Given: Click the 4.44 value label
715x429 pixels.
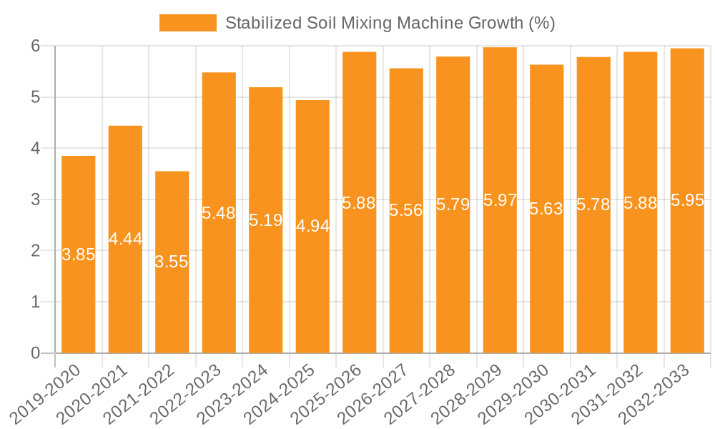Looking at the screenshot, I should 126,239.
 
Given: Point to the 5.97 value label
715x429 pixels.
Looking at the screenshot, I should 500,200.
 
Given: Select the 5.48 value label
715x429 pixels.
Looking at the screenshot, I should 219,212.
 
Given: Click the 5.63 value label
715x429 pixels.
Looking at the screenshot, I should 546,209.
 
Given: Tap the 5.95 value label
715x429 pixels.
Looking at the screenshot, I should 687,200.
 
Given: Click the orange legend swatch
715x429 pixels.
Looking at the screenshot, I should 187,23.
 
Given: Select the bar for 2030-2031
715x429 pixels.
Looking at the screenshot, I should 593,286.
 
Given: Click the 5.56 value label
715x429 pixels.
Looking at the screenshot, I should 406,210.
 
